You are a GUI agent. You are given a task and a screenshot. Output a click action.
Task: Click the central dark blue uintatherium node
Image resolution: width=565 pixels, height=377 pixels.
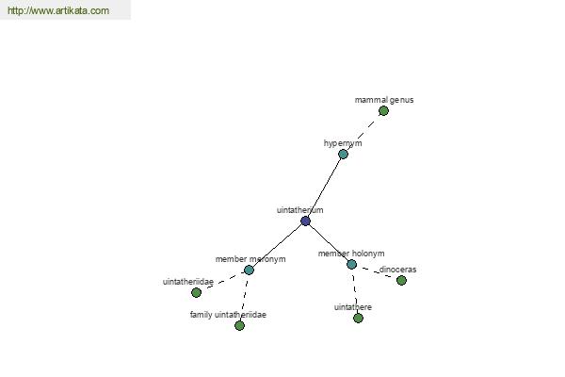pyautogui.click(x=305, y=221)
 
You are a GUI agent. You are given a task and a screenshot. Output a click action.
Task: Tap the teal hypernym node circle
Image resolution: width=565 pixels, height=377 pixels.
pyautogui.click(x=343, y=154)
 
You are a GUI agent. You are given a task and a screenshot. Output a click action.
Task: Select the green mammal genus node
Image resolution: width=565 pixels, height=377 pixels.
pyautogui.click(x=383, y=110)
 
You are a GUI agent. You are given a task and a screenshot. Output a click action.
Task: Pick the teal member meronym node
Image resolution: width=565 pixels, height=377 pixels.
pyautogui.click(x=249, y=270)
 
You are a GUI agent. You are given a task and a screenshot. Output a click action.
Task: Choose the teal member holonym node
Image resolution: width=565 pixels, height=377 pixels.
pyautogui.click(x=351, y=265)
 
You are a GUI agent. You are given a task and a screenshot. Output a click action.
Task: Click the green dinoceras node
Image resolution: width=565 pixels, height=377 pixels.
pyautogui.click(x=401, y=280)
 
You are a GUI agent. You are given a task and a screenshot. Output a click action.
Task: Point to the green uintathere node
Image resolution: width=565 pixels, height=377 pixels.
pyautogui.click(x=358, y=318)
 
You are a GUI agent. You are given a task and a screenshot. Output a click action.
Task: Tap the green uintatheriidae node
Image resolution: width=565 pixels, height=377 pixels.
pyautogui.click(x=196, y=292)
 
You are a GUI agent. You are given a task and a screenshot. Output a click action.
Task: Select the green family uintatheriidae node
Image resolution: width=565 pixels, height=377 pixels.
pyautogui.click(x=239, y=325)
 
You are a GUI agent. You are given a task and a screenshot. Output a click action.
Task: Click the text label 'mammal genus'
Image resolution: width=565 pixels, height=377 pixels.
pyautogui.click(x=384, y=99)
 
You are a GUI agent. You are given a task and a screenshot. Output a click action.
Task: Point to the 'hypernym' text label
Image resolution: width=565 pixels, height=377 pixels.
pyautogui.click(x=343, y=143)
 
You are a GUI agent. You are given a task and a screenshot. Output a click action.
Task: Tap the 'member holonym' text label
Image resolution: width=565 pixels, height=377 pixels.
pyautogui.click(x=351, y=254)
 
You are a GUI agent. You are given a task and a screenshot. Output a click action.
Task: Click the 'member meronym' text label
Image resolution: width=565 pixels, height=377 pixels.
pyautogui.click(x=250, y=259)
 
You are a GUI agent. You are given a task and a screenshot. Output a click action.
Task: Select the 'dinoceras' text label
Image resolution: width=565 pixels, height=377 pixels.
pyautogui.click(x=397, y=270)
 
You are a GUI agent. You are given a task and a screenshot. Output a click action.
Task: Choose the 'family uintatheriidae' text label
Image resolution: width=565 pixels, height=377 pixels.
pyautogui.click(x=228, y=315)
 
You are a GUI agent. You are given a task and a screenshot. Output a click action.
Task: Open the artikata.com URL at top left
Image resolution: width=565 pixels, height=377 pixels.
pyautogui.click(x=57, y=11)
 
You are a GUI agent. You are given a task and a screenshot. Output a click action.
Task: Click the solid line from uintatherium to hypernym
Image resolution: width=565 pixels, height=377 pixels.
pyautogui.click(x=324, y=188)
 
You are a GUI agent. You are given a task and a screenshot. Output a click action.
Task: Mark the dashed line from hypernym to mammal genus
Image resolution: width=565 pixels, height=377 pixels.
pyautogui.click(x=363, y=132)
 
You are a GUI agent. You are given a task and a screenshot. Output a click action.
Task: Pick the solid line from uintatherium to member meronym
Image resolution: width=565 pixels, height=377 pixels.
pyautogui.click(x=277, y=246)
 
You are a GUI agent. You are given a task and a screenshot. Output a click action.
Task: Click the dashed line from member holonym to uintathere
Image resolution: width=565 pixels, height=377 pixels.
pyautogui.click(x=355, y=291)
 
